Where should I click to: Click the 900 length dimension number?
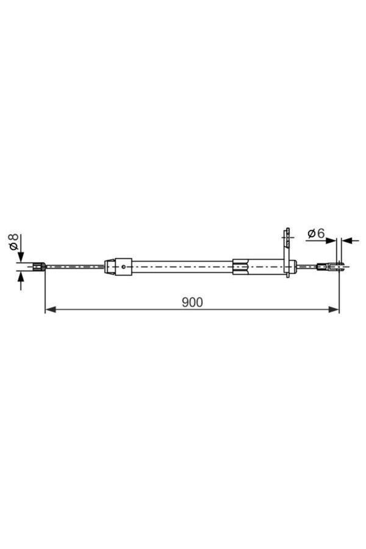(192, 301)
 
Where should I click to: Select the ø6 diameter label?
(315, 233)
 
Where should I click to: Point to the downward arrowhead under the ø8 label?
(21, 257)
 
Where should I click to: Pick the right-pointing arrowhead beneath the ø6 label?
(332, 240)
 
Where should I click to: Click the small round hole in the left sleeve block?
(124, 266)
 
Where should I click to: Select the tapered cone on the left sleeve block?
(109, 266)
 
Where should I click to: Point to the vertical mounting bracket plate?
(285, 250)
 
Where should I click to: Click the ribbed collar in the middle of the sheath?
(242, 266)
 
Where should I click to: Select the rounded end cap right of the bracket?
(293, 266)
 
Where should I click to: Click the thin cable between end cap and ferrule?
(306, 266)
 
